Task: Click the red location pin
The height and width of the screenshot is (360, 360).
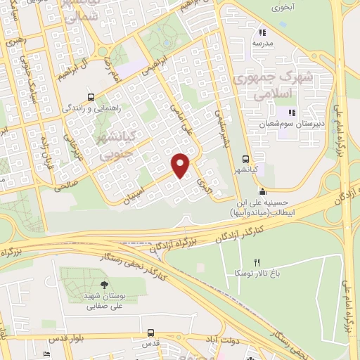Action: pyautogui.click(x=181, y=165)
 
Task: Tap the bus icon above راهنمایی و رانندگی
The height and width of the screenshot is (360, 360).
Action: pyautogui.click(x=90, y=97)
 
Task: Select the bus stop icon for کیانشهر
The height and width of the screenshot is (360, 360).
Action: pyautogui.click(x=245, y=158)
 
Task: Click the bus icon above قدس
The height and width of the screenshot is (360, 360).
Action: pyautogui.click(x=150, y=333)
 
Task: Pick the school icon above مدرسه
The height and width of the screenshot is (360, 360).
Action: pyautogui.click(x=262, y=32)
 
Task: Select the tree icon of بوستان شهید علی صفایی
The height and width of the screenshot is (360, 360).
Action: pyautogui.click(x=104, y=285)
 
